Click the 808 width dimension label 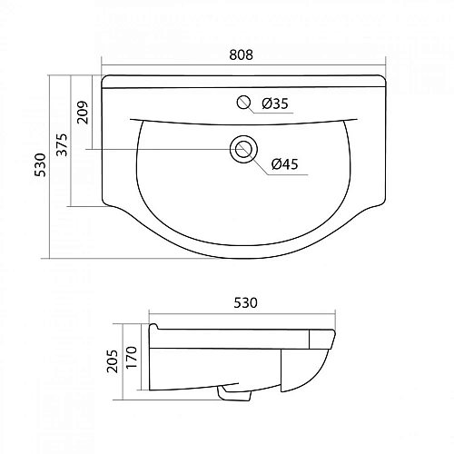tap(242, 54)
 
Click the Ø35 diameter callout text tap(275, 104)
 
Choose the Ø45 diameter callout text tap(285, 164)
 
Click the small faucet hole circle tap(243, 103)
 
